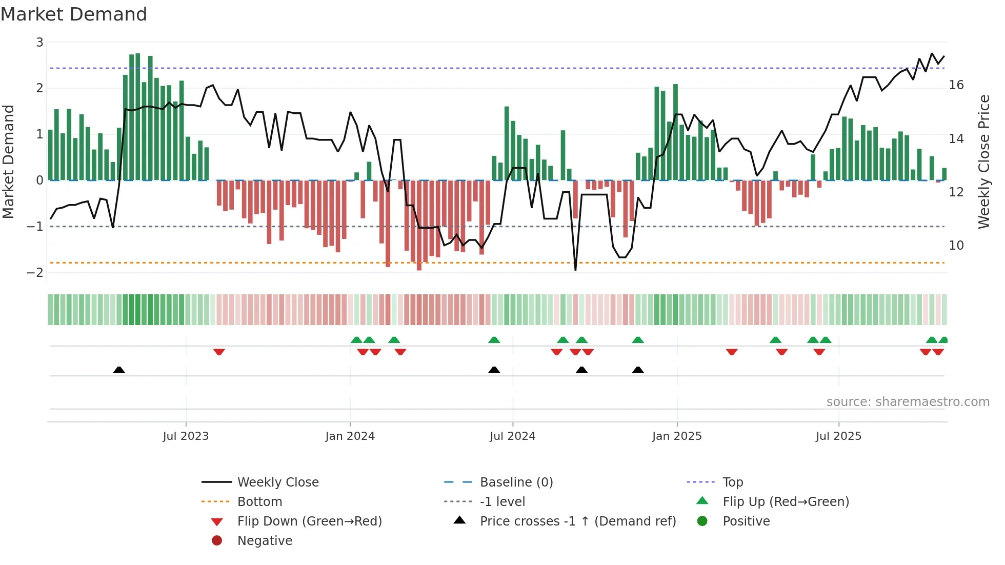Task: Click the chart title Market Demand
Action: click(74, 14)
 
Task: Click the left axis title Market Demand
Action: click(9, 162)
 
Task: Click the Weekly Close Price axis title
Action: click(983, 162)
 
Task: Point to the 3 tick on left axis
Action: click(39, 43)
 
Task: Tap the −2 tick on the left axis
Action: click(35, 273)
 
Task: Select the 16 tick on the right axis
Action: click(956, 85)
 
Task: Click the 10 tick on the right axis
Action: click(956, 246)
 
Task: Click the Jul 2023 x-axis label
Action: click(186, 436)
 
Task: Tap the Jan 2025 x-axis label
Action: click(677, 436)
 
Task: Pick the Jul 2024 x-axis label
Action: click(512, 436)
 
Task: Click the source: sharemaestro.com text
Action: click(908, 402)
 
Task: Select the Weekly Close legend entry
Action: click(277, 482)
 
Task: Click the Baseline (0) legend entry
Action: click(516, 482)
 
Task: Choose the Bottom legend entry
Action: click(259, 502)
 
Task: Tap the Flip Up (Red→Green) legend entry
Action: click(786, 502)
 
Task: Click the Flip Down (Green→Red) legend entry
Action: click(309, 521)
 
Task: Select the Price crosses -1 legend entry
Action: click(577, 521)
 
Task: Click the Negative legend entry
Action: click(265, 541)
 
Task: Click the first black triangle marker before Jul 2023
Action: click(119, 370)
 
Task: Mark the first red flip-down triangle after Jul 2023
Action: click(219, 352)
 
